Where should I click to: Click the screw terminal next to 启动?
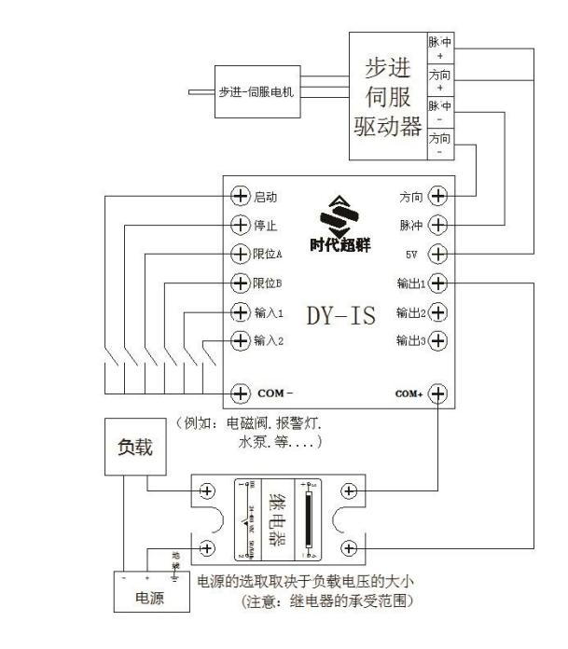(x=241, y=197)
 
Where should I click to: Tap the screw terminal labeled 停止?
(x=241, y=225)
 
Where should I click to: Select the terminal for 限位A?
(x=241, y=254)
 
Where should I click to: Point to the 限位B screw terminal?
(x=241, y=283)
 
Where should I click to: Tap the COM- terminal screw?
(x=241, y=393)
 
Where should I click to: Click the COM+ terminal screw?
(x=436, y=393)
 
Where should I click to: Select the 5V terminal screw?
(x=436, y=254)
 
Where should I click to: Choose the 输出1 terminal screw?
(x=436, y=283)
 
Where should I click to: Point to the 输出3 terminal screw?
(x=436, y=341)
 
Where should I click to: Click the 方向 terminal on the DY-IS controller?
(x=436, y=197)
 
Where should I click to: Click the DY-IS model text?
(x=339, y=315)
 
